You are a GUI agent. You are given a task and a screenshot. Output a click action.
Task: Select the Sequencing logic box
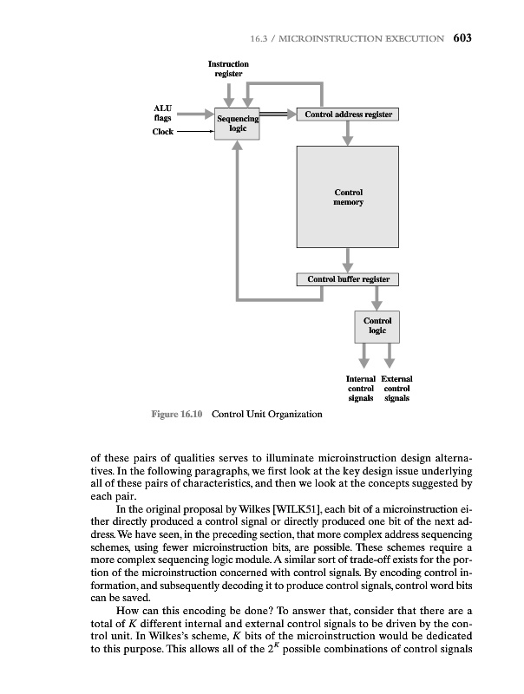238,125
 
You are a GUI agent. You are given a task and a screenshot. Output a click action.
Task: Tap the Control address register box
348,115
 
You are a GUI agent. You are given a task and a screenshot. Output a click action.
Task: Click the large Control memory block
348,197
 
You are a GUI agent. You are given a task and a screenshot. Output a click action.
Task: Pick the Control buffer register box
348,279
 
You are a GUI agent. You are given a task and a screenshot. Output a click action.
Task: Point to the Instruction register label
228,69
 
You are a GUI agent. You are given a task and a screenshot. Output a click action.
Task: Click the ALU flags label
162,114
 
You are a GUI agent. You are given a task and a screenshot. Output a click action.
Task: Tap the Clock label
163,133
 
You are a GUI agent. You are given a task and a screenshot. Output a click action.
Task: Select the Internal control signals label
360,389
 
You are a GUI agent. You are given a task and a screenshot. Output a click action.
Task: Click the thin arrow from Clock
195,133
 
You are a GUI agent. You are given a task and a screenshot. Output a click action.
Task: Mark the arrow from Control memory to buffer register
348,259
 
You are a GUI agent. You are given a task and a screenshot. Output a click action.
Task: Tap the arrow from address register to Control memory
348,133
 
